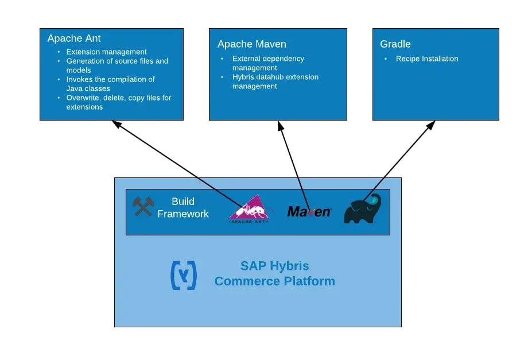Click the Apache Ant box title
click(74, 38)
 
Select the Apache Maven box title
click(251, 44)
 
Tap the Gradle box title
click(395, 44)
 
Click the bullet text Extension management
click(106, 52)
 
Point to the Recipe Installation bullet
click(427, 59)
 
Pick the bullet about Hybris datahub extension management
click(275, 82)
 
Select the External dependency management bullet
click(268, 63)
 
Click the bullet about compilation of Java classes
click(110, 84)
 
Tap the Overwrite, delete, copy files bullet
click(118, 102)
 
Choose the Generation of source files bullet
click(117, 65)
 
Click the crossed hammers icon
click(143, 206)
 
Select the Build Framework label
click(183, 207)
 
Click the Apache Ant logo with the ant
click(249, 208)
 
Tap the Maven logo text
click(309, 212)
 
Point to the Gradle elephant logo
click(362, 209)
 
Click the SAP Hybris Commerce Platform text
click(274, 274)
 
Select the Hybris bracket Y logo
click(184, 275)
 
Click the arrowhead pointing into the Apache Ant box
click(116, 123)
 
